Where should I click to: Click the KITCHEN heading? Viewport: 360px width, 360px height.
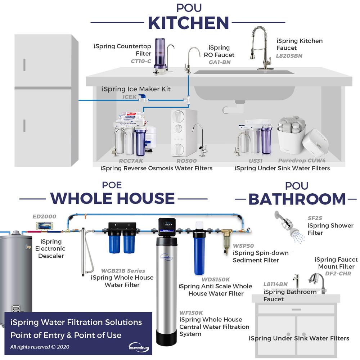188,23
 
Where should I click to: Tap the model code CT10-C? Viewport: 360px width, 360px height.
141,61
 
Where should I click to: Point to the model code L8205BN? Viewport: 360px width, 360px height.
289,56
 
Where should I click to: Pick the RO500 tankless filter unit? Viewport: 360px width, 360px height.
184,132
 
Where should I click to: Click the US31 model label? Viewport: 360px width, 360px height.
256,161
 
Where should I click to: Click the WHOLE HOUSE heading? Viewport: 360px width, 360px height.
112,198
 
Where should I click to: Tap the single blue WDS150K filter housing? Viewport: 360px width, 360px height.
199,252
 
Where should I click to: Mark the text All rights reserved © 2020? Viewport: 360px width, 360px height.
40,347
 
